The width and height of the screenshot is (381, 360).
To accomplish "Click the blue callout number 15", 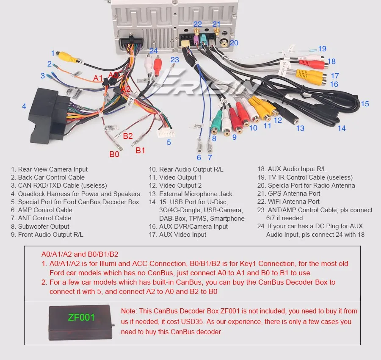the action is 364,103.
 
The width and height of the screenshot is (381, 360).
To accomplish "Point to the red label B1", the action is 140,150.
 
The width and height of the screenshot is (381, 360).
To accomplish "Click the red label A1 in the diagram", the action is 98,78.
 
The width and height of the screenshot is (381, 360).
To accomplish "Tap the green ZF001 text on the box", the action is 81,317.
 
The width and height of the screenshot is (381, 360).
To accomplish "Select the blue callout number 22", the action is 198,25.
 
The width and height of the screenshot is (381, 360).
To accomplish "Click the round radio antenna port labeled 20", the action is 224,43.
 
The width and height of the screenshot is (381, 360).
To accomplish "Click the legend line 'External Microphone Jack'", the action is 196,194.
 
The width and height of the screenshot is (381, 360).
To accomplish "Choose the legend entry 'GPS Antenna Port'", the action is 294,194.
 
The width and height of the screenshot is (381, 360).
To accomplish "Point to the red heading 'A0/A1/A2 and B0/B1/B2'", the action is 80,255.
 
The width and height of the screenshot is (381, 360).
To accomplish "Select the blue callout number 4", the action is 24,106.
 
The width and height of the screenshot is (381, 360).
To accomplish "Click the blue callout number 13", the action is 300,128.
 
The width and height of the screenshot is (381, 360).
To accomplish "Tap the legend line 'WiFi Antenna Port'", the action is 294,202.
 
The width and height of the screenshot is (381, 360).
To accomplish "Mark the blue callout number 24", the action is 154,51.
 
